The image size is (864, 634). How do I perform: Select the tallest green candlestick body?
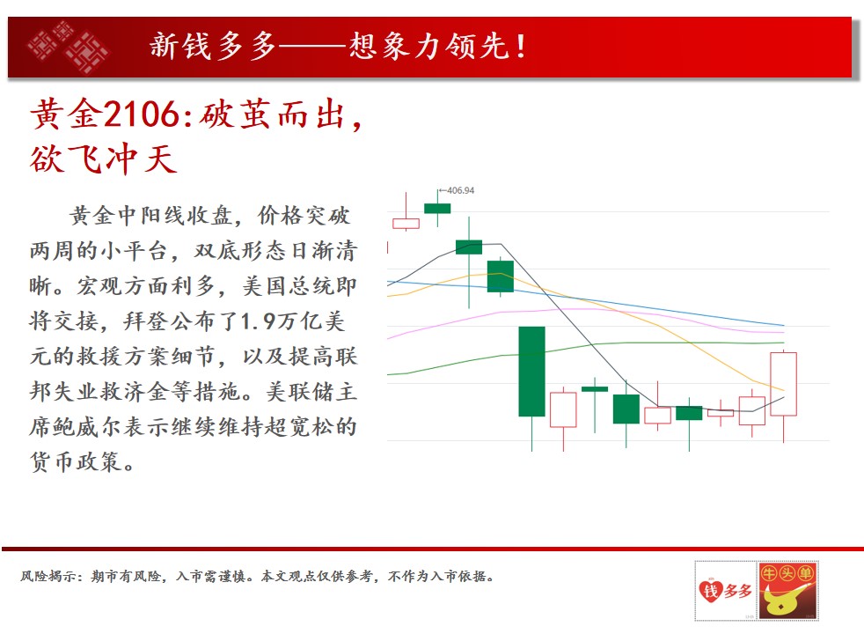(x=531, y=372)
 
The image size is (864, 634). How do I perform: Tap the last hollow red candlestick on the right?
(x=784, y=384)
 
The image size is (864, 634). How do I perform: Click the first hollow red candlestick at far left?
(x=406, y=224)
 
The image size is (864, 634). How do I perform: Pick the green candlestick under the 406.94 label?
(x=437, y=209)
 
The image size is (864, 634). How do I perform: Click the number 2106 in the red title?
(x=141, y=114)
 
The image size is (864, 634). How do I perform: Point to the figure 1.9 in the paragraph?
(x=259, y=321)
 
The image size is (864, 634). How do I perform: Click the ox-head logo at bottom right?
(x=787, y=591)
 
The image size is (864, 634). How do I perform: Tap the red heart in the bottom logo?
(x=710, y=592)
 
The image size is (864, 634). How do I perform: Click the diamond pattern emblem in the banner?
(x=69, y=47)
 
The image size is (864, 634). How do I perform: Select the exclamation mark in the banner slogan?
(x=520, y=47)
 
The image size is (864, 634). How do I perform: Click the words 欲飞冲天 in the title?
(x=104, y=159)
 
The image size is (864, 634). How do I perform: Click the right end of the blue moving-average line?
(x=784, y=325)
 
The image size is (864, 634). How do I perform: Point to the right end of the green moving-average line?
(x=784, y=343)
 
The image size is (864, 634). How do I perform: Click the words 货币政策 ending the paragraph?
(x=76, y=462)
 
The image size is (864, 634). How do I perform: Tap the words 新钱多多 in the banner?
(x=213, y=47)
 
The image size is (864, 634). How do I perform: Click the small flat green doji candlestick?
(x=595, y=389)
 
